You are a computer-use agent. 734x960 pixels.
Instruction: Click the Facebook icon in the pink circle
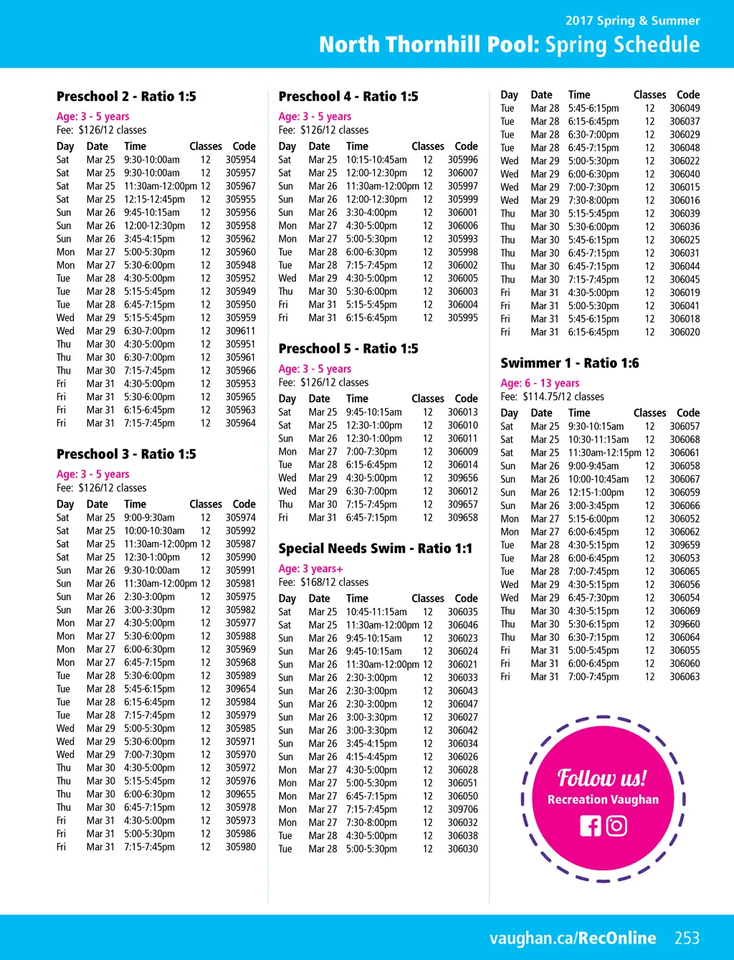tap(591, 826)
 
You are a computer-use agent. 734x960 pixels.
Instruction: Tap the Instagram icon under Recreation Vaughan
tap(616, 826)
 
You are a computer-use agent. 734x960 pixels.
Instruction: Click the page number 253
tap(687, 938)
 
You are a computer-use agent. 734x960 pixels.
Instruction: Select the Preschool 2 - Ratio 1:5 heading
tap(126, 97)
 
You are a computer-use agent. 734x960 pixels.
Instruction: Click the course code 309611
tap(241, 331)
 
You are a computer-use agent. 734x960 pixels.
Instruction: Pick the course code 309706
tap(463, 809)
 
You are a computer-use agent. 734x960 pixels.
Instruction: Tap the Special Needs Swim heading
tap(375, 548)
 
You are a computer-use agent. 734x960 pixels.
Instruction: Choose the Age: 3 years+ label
tap(310, 569)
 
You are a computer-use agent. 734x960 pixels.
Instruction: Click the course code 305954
tap(241, 160)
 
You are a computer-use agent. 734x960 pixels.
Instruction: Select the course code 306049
tap(685, 108)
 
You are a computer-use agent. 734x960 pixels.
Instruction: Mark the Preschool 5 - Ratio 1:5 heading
tap(348, 349)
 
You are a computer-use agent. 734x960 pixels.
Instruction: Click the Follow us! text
tap(602, 778)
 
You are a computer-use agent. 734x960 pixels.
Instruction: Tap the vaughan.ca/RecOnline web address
tap(573, 938)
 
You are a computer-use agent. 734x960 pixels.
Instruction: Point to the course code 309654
tap(241, 689)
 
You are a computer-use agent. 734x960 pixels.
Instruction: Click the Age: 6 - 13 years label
tap(540, 383)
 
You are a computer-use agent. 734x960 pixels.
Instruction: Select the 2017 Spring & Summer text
tap(632, 21)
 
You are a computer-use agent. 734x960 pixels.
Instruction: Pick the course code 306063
tap(685, 677)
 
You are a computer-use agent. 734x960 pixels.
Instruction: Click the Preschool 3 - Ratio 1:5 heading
tap(126, 455)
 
